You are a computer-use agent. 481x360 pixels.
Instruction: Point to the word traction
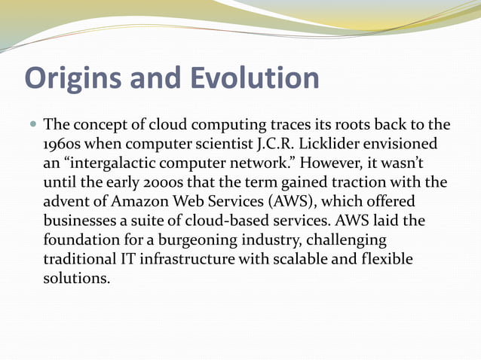[363, 182]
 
